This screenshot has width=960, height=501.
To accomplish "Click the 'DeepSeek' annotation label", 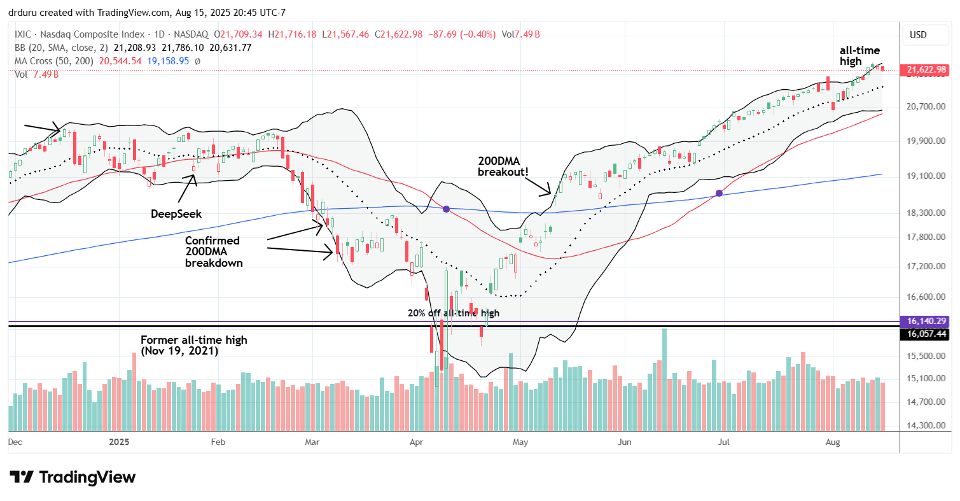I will click(176, 214).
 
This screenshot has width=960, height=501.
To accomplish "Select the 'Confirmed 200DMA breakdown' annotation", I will click(213, 251).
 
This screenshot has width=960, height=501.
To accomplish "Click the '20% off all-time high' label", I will click(454, 313).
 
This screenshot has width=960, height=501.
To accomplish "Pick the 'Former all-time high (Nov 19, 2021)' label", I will click(193, 346).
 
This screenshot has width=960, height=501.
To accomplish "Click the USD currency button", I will click(918, 35).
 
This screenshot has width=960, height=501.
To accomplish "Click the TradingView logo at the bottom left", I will click(73, 477).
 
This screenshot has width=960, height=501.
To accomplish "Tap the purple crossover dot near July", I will click(720, 193).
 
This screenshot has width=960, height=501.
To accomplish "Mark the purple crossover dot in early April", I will click(446, 209).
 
